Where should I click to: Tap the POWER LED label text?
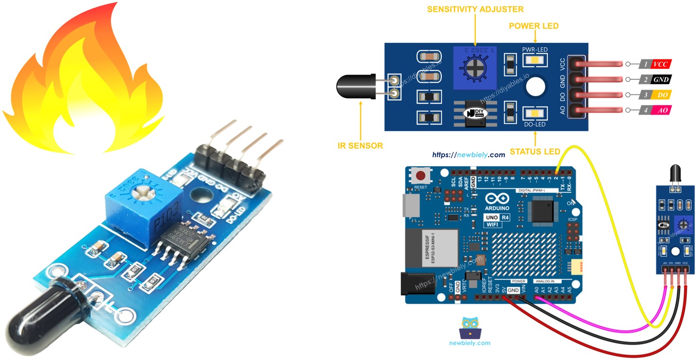pos(534,26)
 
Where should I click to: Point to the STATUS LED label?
pos(535,151)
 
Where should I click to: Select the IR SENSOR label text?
pos(361,146)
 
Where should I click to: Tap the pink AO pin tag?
pos(661,110)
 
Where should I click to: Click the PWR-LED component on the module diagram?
pos(535,60)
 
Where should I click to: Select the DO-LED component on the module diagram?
pos(535,113)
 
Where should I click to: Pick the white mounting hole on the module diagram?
pos(536,87)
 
